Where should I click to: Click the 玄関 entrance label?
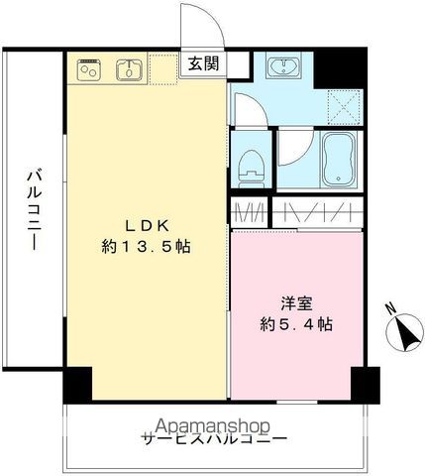[x=202, y=64]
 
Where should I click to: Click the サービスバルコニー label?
[x=214, y=438]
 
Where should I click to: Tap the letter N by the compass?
[x=389, y=306]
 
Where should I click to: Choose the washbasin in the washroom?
[x=287, y=67]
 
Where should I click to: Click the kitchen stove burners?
[x=89, y=69]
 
